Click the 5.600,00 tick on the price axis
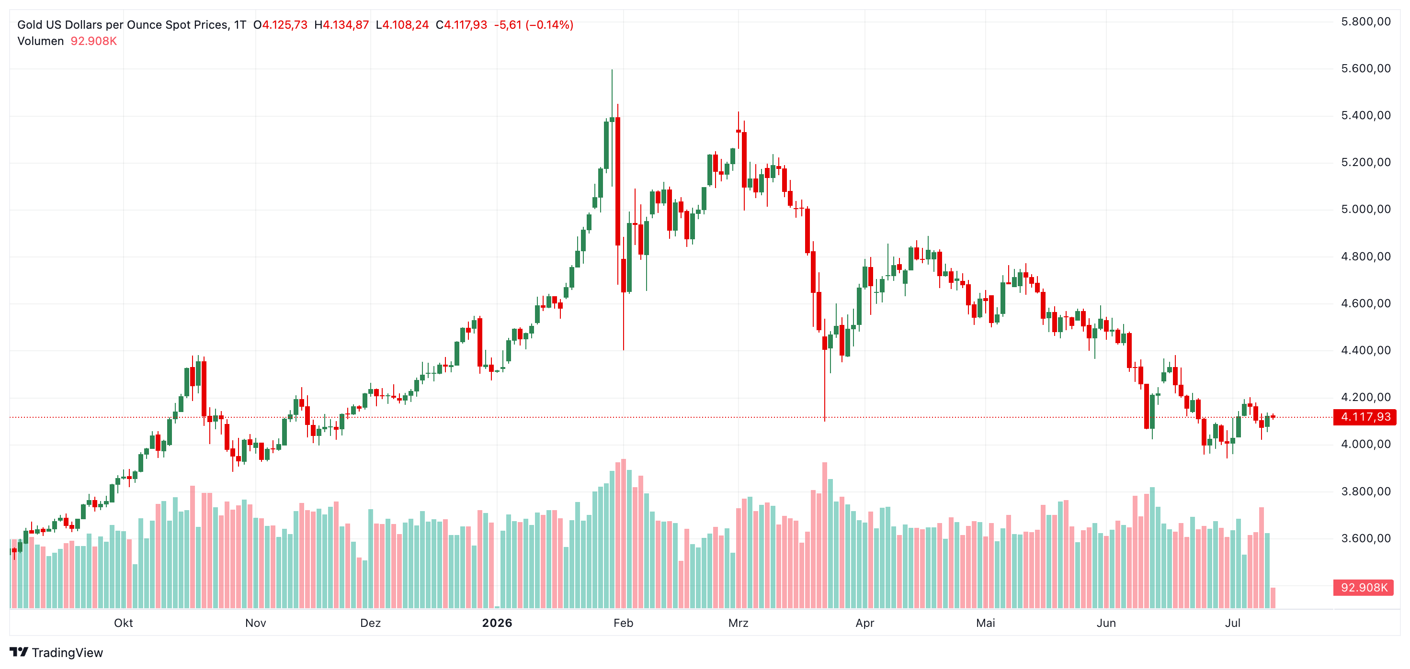[1365, 68]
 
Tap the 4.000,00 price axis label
[1365, 444]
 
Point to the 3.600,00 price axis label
[1365, 538]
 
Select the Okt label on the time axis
[123, 623]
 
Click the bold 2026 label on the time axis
[497, 623]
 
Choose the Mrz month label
[739, 623]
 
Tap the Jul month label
[1233, 623]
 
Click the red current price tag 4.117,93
[1365, 417]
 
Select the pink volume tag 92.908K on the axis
[1364, 588]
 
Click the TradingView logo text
[67, 653]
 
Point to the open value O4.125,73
[280, 24]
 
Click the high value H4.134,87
[341, 24]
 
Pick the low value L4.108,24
[402, 24]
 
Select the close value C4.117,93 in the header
[461, 24]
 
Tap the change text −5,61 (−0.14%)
[534, 24]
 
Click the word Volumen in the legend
[41, 41]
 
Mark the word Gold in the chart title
[29, 24]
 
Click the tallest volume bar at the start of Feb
[624, 534]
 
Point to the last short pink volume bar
[1273, 598]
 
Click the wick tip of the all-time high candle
[612, 69]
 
